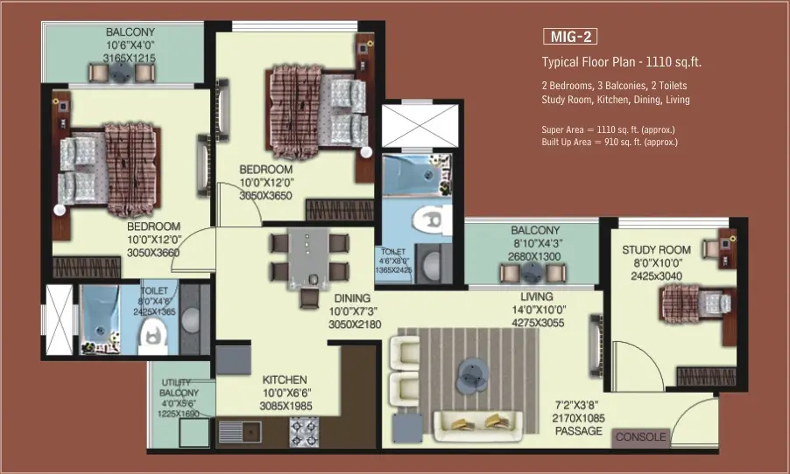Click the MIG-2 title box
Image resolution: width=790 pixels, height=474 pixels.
(570, 37)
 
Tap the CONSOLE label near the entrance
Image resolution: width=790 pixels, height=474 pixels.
(640, 436)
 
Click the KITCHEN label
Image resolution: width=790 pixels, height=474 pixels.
(285, 380)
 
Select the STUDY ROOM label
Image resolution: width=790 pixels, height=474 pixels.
(656, 249)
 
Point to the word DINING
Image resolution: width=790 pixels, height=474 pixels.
(352, 298)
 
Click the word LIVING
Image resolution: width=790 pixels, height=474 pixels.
(537, 296)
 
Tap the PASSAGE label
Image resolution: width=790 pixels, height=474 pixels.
(578, 431)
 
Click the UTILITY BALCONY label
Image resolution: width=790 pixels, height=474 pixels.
(179, 387)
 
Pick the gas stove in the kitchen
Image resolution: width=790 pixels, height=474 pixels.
(304, 432)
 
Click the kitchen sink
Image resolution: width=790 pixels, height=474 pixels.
(240, 432)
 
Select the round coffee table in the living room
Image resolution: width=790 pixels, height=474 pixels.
(472, 375)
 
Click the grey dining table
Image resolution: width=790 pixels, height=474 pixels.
(307, 259)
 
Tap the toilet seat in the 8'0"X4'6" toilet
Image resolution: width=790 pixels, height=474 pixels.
(152, 335)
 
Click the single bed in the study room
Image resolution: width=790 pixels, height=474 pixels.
(695, 303)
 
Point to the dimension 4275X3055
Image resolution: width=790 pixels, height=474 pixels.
(538, 323)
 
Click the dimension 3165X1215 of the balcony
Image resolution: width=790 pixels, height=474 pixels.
(130, 59)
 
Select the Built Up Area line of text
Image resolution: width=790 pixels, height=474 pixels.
(610, 142)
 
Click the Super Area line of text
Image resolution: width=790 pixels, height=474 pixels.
(608, 129)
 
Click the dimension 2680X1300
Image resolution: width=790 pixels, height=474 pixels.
(534, 256)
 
